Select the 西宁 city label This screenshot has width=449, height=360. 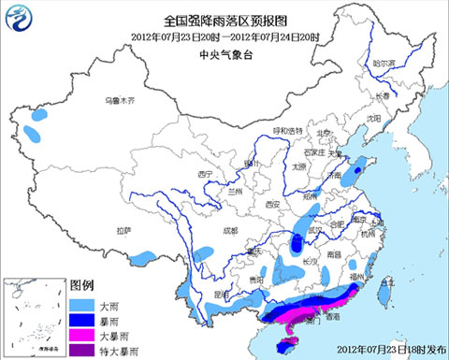coord(208,175)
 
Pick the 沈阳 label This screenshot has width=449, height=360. coord(374,118)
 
